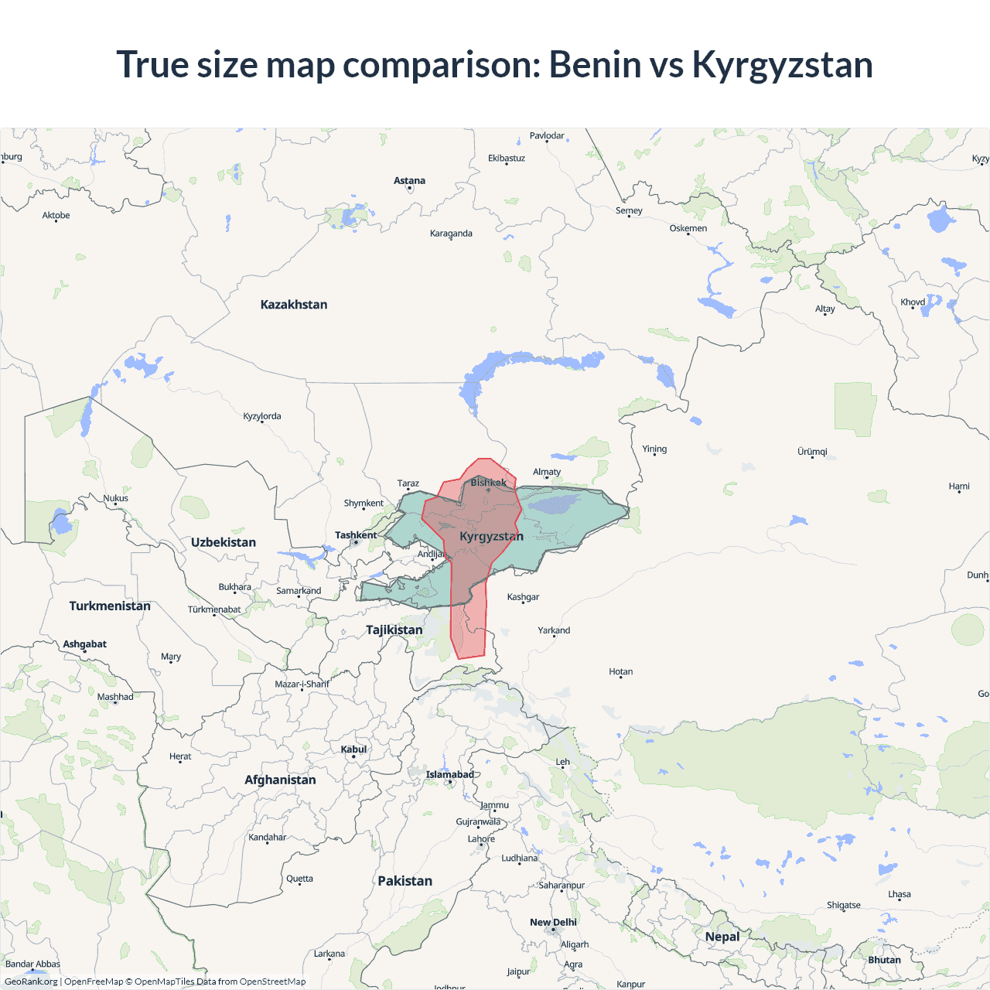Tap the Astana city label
tap(409, 181)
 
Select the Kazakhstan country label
tap(294, 305)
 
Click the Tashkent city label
tap(356, 535)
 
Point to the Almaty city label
tap(547, 472)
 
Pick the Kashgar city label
tap(523, 597)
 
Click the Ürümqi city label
tap(812, 452)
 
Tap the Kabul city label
tap(353, 749)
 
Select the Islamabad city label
tap(449, 774)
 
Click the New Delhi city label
tap(553, 922)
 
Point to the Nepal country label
tap(722, 937)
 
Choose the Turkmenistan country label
tap(110, 606)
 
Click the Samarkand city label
tap(299, 591)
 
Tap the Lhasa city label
tap(900, 894)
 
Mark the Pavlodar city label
tap(547, 135)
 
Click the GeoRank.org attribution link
tap(31, 981)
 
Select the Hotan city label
tap(620, 671)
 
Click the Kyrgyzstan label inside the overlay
tap(491, 536)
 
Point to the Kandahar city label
tap(268, 837)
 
